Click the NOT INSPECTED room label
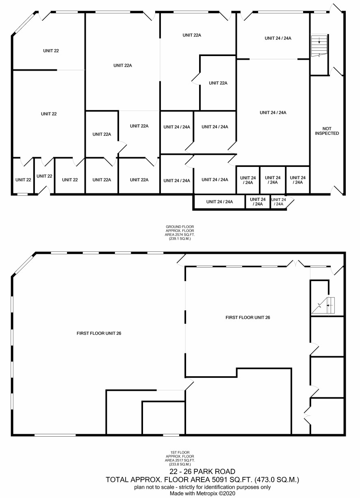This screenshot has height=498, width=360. pyautogui.click(x=327, y=131)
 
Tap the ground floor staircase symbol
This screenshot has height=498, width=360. pyautogui.click(x=319, y=46)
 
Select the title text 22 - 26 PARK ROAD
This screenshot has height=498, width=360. pyautogui.click(x=202, y=471)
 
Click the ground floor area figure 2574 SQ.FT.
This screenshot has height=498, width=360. pyautogui.click(x=184, y=234)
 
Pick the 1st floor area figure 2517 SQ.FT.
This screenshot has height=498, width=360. pyautogui.click(x=184, y=460)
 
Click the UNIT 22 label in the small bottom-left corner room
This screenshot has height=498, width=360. pyautogui.click(x=23, y=180)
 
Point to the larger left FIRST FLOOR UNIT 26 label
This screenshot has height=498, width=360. pyautogui.click(x=99, y=333)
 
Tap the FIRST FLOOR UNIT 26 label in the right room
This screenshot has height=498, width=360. pyautogui.click(x=248, y=317)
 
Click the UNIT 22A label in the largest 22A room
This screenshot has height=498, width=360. pyautogui.click(x=123, y=65)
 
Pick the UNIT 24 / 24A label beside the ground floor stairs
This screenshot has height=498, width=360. pyautogui.click(x=278, y=38)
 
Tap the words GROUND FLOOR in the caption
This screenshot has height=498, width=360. pyautogui.click(x=180, y=227)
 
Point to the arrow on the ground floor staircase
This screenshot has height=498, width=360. pyautogui.click(x=319, y=40)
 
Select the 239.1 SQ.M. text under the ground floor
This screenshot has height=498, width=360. pyautogui.click(x=180, y=239)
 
